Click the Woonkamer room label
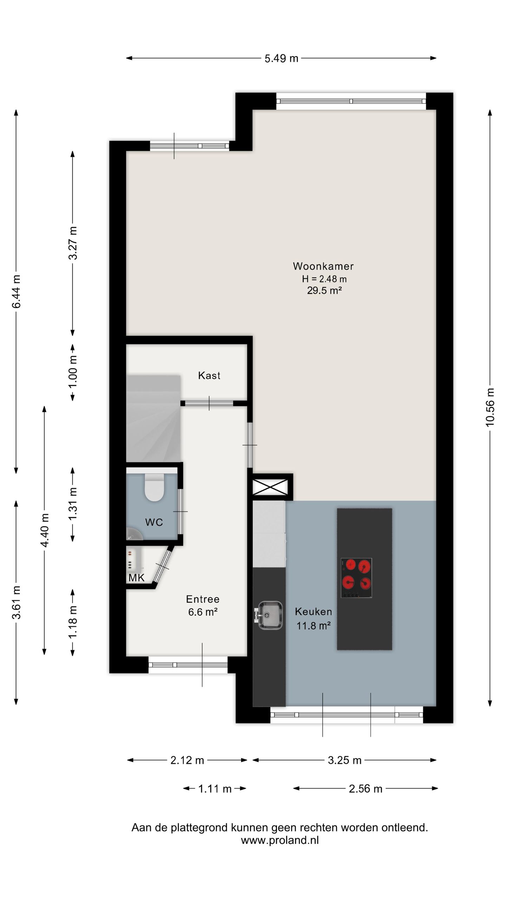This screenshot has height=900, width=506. click(323, 266)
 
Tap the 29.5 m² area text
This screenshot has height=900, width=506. click(324, 290)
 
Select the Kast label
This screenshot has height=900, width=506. click(209, 375)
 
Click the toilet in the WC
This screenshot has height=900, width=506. click(154, 487)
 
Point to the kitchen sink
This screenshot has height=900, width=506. click(269, 615)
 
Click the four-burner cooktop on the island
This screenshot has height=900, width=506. click(356, 578)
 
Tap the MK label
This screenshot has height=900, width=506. click(136, 578)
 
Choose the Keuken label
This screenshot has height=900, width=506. click(313, 611)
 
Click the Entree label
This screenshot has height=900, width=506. click(203, 599)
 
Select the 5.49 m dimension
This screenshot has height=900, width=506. click(281, 58)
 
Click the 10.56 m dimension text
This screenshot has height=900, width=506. click(490, 407)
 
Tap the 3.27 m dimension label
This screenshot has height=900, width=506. click(73, 243)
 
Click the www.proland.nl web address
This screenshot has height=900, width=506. click(280, 840)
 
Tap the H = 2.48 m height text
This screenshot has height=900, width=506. click(324, 279)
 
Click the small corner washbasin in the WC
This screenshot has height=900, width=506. click(134, 534)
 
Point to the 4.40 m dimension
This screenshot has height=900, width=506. click(45, 530)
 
